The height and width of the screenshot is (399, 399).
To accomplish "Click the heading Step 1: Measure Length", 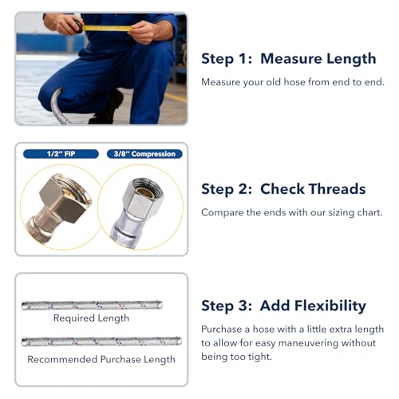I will tap(288, 58).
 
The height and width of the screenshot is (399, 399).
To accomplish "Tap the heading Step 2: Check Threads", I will tap(283, 189).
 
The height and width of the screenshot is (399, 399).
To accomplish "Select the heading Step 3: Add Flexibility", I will tap(283, 306).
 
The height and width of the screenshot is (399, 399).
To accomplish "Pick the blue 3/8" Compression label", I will tap(144, 154).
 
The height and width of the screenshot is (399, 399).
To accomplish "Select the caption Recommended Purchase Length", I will tap(101, 359).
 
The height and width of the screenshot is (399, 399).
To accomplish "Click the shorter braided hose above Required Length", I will tap(92, 305).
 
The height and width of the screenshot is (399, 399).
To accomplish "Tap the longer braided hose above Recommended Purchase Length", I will tap(101, 342).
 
